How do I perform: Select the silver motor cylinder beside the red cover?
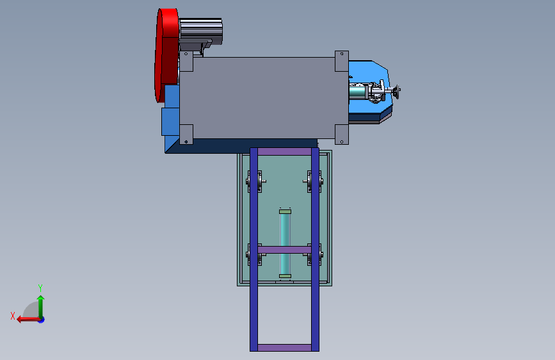(x=201, y=32)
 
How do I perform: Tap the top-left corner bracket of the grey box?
(x=186, y=61)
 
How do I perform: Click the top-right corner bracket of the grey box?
(x=342, y=61)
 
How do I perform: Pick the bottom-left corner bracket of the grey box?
(x=186, y=135)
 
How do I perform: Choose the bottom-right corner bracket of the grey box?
(x=342, y=135)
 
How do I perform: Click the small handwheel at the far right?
(x=397, y=92)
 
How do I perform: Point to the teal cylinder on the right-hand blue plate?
(x=359, y=92)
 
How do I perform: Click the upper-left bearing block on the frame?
(x=255, y=181)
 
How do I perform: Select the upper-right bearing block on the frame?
(x=313, y=181)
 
